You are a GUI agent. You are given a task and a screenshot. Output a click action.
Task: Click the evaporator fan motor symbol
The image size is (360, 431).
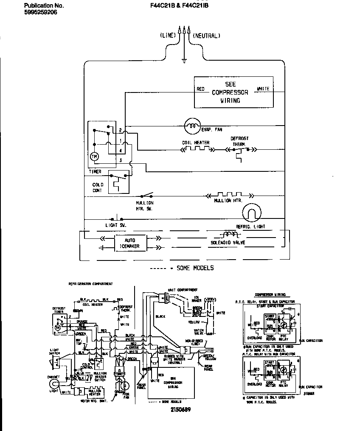(x=192, y=126)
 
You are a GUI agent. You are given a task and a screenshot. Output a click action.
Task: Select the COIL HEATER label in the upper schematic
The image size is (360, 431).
(x=196, y=143)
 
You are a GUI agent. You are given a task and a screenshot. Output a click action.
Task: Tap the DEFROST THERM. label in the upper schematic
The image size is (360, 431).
(x=239, y=141)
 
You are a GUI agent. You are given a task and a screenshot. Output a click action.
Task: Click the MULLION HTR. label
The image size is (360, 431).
(x=228, y=201)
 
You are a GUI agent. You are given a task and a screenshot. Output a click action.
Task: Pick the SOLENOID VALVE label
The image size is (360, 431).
(x=228, y=243)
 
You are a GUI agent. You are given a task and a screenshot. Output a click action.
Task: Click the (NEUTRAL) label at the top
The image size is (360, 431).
(x=207, y=36)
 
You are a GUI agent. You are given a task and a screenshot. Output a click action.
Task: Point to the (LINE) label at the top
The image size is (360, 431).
(x=168, y=36)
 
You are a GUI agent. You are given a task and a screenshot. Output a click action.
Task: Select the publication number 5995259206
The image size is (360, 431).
(x=41, y=12)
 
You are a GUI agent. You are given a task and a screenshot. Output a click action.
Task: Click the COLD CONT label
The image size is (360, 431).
(x=98, y=188)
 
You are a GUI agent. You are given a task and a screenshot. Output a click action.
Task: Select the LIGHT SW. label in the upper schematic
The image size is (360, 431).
(x=116, y=225)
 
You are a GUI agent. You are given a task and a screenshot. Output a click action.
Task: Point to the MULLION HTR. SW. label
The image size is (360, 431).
(x=144, y=206)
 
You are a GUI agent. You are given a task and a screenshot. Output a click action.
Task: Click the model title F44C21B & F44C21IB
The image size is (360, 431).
(x=180, y=6)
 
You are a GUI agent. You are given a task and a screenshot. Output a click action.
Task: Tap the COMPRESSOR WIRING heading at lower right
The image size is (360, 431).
(x=270, y=294)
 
